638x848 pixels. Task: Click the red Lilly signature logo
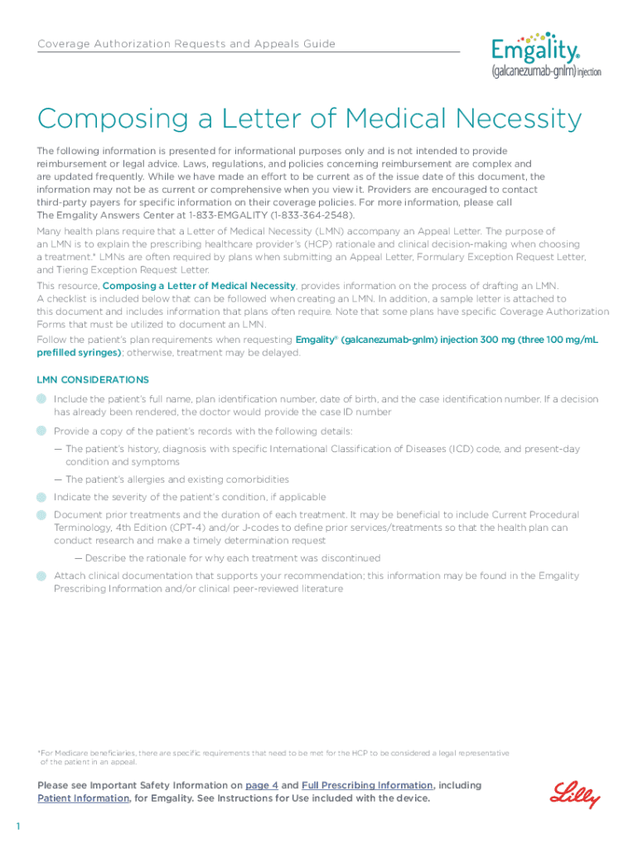(x=576, y=793)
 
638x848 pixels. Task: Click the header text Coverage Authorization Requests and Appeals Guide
(x=186, y=44)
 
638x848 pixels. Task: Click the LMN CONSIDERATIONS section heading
(x=93, y=380)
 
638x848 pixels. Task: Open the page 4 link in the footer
(x=262, y=785)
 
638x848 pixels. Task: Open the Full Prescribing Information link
(x=367, y=785)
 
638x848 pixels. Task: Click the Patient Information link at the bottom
(x=84, y=798)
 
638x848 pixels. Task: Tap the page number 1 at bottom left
(x=17, y=826)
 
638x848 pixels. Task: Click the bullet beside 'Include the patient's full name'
(x=42, y=399)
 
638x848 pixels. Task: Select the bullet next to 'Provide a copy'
(x=42, y=431)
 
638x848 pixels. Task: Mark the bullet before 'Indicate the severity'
(x=42, y=497)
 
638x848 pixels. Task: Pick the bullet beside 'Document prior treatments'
(x=42, y=515)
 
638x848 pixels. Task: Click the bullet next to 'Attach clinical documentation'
(x=42, y=576)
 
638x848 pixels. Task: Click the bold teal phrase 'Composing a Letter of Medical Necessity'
(x=198, y=286)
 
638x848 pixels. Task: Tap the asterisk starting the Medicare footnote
(x=39, y=752)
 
